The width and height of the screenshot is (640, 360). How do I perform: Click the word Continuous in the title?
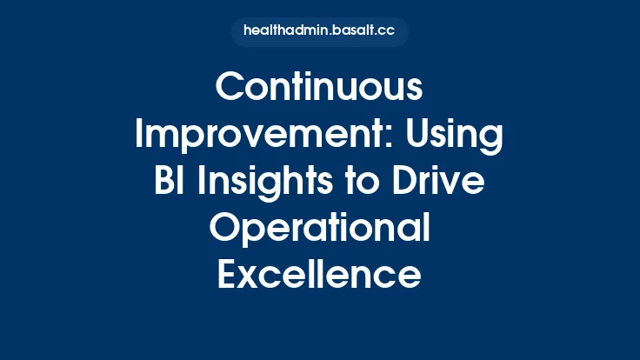coord(319,88)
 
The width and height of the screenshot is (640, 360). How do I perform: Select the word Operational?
coord(319,230)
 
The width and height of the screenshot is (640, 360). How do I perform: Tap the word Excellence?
coord(319,277)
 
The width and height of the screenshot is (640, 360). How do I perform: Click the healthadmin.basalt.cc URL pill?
coord(319,31)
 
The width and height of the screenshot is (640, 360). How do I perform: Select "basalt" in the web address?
coord(352,31)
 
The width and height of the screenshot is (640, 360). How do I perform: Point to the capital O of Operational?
coord(224,230)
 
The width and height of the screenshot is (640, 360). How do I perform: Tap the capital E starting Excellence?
coord(225,277)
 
